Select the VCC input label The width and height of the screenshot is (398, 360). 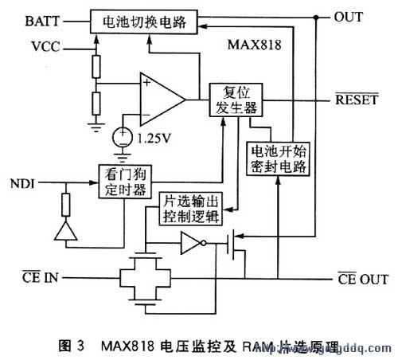[x=46, y=47]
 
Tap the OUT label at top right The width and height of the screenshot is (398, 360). [x=348, y=17]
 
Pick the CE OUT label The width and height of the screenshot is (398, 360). [x=360, y=278]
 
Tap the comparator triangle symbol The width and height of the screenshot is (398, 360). [x=160, y=100]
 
